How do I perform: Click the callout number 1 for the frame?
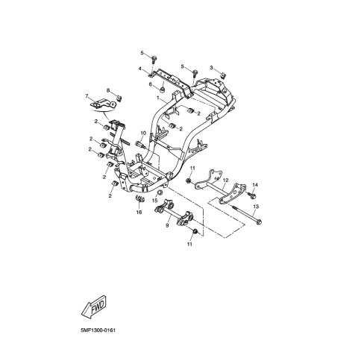point(157,98)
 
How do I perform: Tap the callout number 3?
point(211,68)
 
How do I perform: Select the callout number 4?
point(140,69)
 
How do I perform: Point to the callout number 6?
point(150,84)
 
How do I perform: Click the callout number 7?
point(87,96)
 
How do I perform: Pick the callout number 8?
point(108,90)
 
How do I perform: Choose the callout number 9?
point(167,225)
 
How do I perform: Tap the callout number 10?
point(143,133)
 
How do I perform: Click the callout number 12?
point(225,180)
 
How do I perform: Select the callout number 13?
point(256,207)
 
